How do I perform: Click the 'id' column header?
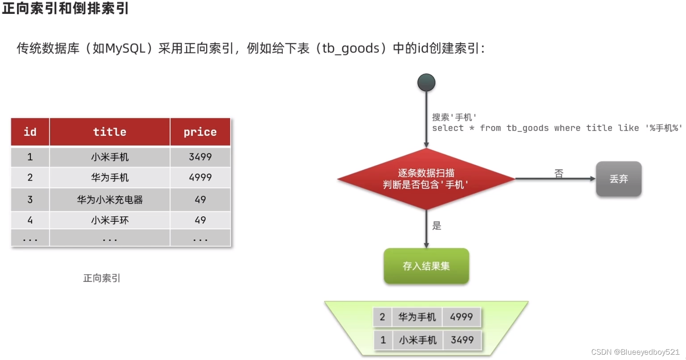tap(30, 132)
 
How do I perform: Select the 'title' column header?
tap(110, 132)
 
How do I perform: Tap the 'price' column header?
tap(200, 132)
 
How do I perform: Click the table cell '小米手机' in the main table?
tap(110, 157)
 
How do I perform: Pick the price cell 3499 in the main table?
tap(200, 157)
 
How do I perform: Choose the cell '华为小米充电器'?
tap(110, 200)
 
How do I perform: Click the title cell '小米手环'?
tap(110, 220)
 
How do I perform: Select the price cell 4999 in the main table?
tap(200, 177)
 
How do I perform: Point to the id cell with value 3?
tap(30, 200)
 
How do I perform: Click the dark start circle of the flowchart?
tap(426, 83)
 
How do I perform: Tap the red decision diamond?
tap(426, 179)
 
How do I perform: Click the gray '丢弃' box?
tap(618, 179)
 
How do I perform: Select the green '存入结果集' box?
tap(426, 266)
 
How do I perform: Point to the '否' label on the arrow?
tap(559, 174)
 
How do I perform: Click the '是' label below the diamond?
tap(437, 226)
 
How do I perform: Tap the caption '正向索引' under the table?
tap(102, 278)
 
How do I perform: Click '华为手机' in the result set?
tap(417, 317)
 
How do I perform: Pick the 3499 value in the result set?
tap(462, 340)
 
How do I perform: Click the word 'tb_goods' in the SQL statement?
tap(527, 128)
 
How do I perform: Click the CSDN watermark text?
tap(635, 352)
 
